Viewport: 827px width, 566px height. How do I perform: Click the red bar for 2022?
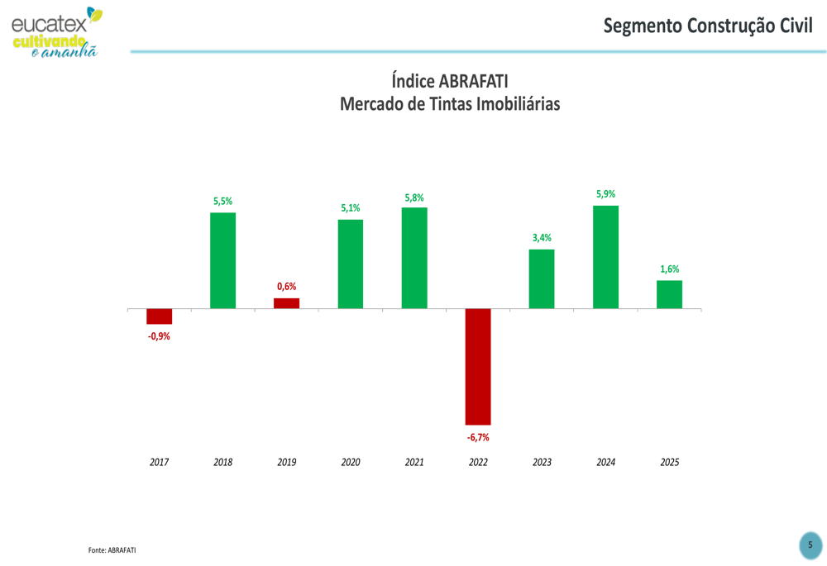coord(478,367)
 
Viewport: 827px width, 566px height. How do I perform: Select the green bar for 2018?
coord(222,260)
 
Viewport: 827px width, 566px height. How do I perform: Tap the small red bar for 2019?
coord(286,303)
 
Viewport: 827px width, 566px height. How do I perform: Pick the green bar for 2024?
coord(605,257)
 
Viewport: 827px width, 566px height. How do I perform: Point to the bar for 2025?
coord(669,294)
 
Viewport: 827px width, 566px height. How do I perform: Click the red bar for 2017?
coord(159,316)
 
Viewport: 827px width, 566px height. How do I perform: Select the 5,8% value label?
coord(414,197)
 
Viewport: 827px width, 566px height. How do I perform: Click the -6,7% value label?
coord(478,437)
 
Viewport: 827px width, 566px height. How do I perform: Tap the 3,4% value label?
coord(542,238)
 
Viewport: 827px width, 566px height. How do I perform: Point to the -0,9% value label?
coord(159,336)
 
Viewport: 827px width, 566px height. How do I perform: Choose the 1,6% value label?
coord(669,269)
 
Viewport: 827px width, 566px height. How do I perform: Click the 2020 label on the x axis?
coord(351,462)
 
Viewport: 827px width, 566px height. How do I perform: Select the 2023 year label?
coord(542,462)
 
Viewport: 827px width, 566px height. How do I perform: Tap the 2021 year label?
coord(414,462)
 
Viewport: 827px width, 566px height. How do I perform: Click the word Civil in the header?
coord(796,26)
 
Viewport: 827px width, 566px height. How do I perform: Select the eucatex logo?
coord(55,31)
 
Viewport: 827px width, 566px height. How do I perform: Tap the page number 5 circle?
coord(810,545)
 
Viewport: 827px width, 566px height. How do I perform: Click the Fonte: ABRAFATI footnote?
coord(112,549)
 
